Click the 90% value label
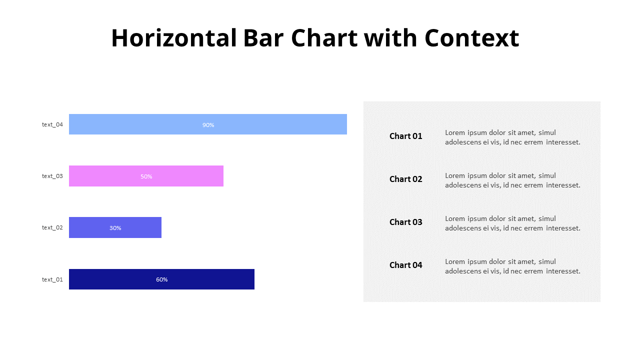coord(208,124)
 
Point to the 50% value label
coord(146,176)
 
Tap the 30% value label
coord(115,228)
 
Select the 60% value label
coord(161,279)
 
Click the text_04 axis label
coord(52,124)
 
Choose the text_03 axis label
coord(52,176)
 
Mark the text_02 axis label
coord(52,227)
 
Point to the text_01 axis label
coord(52,279)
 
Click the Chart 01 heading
coord(405,136)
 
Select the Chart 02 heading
coord(405,179)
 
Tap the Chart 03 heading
coord(405,222)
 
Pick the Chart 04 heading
coord(405,265)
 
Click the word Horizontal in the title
coord(173,38)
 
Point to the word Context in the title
coord(471,38)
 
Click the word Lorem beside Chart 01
coord(455,132)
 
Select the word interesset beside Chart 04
coord(563,271)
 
